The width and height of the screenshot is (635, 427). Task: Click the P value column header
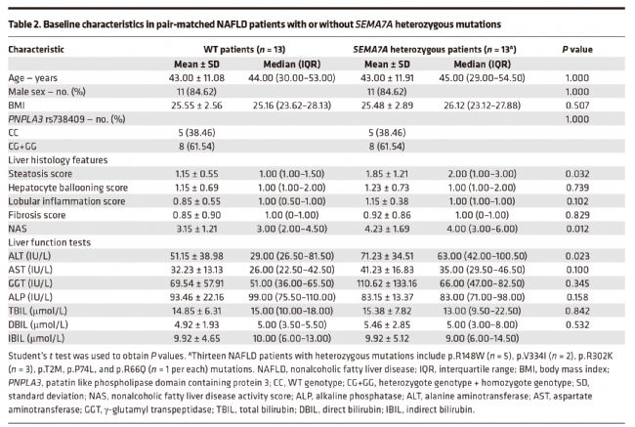pos(577,50)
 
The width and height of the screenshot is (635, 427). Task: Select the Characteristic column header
pos(36,50)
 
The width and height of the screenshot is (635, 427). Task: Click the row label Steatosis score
pos(40,174)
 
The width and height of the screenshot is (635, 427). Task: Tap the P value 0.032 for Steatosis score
pos(577,174)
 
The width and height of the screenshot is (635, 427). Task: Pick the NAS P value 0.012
pos(577,229)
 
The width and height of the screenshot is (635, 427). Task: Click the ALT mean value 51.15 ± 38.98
pos(196,256)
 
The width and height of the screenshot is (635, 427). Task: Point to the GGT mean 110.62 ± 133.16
pos(387,283)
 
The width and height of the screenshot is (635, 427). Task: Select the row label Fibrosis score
pos(37,215)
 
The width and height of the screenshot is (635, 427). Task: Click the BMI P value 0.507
pos(577,106)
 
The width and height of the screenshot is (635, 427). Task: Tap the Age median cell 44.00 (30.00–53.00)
pos(291,78)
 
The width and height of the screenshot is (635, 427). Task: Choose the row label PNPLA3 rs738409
pos(66,119)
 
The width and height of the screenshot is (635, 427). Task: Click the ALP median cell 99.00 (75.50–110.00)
pos(291,297)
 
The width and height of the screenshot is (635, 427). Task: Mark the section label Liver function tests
pos(50,242)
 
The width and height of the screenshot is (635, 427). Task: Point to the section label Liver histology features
pos(58,160)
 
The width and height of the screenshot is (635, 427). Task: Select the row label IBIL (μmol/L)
pos(36,338)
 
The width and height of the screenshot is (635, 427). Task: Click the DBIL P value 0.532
pos(577,325)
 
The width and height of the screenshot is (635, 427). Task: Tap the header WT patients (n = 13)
pos(244,50)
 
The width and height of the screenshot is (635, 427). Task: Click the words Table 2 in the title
pos(23,24)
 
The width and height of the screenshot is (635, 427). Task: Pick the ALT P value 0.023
pos(577,256)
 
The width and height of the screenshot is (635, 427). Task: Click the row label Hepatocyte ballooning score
pos(68,188)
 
